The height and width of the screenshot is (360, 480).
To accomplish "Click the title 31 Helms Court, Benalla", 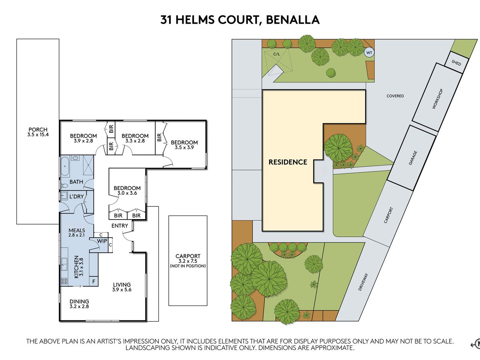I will tap(240, 20).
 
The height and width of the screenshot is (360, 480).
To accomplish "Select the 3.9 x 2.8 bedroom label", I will tap(83, 138).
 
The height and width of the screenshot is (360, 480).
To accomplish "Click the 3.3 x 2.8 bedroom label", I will tap(135, 138).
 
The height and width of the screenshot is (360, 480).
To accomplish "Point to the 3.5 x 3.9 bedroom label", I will tap(184, 145).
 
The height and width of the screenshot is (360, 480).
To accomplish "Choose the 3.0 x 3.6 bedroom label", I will tap(127, 190).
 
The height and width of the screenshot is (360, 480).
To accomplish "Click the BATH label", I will tap(76, 182).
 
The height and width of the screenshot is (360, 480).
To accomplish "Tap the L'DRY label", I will tap(76, 197).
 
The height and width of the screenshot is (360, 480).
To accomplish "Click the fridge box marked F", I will tap(94, 281).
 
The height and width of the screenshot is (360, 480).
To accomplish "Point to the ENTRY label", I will tap(120, 226).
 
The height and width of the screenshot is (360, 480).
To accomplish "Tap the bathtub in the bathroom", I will tap(64, 167).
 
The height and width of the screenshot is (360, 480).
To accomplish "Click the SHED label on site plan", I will tap(456, 63).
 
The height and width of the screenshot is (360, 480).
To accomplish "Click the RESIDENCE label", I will tap(288, 162).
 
